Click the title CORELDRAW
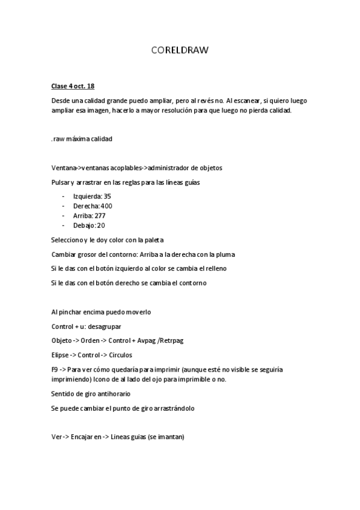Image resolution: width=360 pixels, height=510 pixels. click(180, 51)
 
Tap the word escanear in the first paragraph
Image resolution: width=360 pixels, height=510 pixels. click(243, 100)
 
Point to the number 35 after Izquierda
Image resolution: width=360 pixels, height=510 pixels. click(108, 196)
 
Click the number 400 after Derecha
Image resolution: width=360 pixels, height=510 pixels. click(106, 206)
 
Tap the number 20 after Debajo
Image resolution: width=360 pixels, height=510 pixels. click(101, 225)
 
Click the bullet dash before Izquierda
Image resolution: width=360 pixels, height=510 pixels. click(64, 196)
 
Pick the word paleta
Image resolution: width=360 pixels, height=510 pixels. click(162, 239)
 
